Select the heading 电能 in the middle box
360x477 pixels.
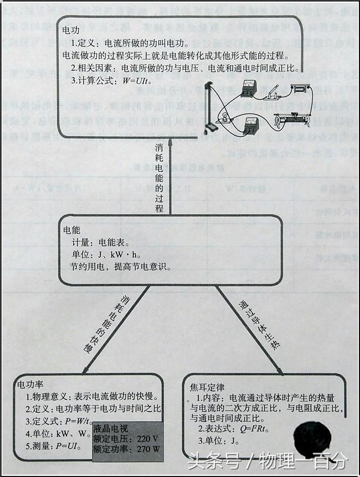[x=72, y=229]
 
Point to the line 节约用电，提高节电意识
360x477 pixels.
[x=120, y=267]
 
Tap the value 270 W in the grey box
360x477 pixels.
[x=147, y=449]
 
